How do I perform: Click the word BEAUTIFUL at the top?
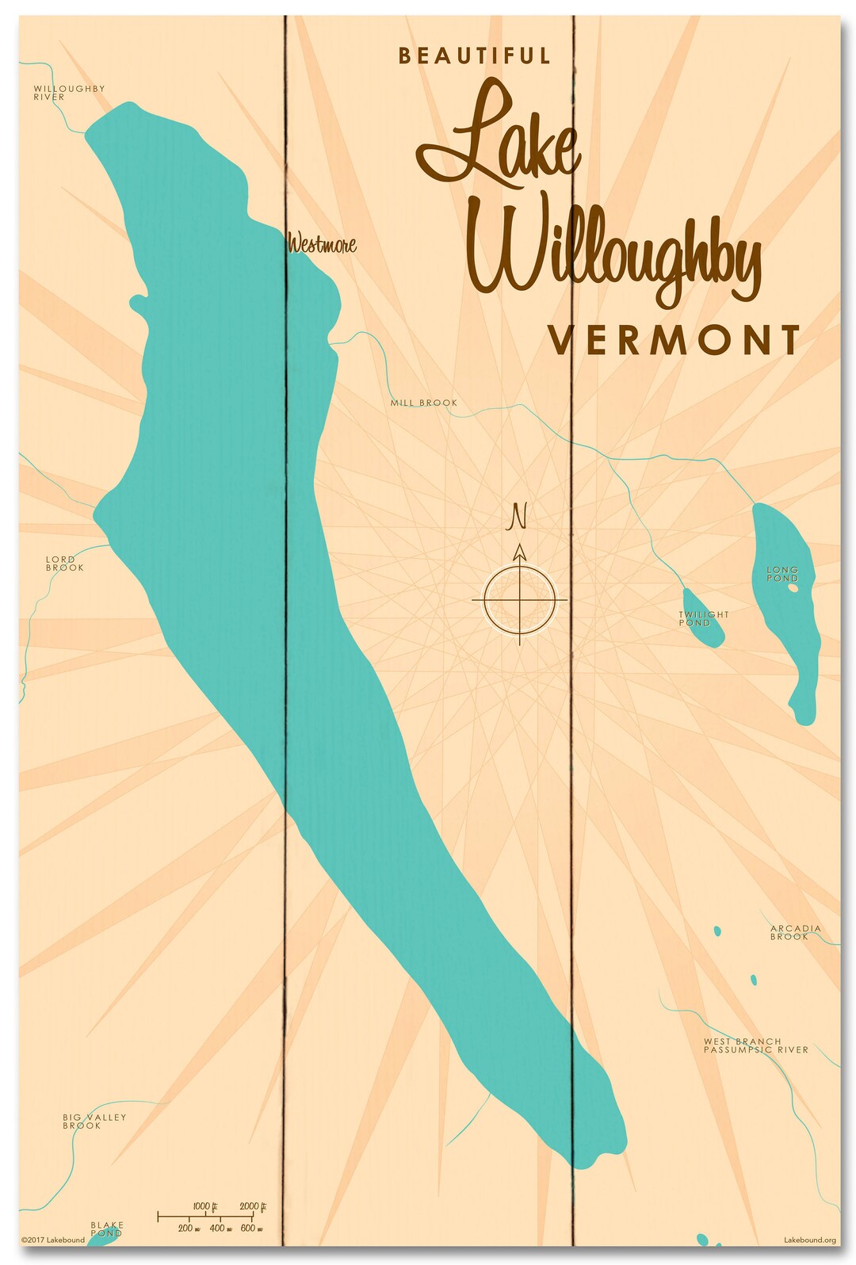[474, 55]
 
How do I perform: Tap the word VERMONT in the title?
[674, 340]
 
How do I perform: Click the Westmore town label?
[322, 244]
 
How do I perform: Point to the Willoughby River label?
[68, 93]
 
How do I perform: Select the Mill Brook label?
[423, 403]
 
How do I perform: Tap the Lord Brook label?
[64, 564]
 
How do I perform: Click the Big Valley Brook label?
[94, 1121]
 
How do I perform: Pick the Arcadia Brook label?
[795, 932]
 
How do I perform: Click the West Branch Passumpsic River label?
[755, 1045]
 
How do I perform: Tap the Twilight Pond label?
[702, 618]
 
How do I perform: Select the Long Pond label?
[781, 573]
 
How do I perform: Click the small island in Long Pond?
[793, 588]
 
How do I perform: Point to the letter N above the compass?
[518, 516]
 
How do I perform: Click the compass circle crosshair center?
[520, 600]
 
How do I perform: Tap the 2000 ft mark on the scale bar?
[251, 1207]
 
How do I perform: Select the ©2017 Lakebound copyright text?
[52, 1240]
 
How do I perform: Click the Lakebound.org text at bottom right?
[809, 1240]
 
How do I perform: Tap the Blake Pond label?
[106, 1229]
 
